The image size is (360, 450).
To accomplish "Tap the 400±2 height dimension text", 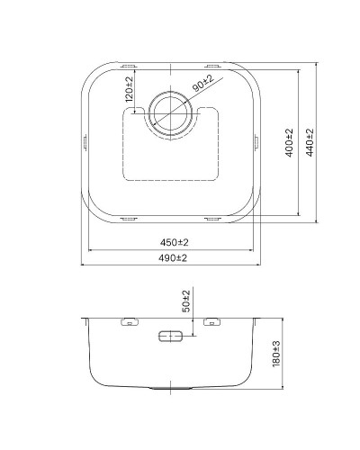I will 290,141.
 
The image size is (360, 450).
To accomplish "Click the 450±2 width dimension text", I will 174,243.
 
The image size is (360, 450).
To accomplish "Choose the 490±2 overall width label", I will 174,258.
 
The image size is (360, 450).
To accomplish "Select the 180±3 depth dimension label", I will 278,356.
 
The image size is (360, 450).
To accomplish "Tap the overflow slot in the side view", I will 170,337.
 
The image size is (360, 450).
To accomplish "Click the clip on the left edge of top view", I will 85,141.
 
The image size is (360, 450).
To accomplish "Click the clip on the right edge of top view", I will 259,141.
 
